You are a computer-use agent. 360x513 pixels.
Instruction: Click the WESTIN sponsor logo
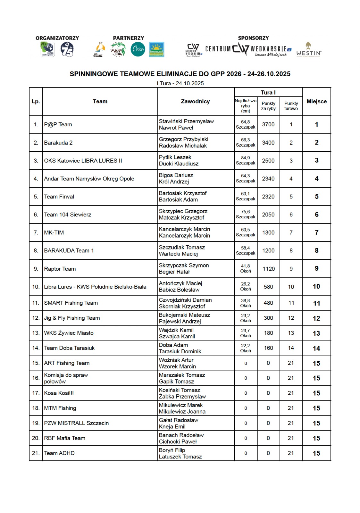pos(308,50)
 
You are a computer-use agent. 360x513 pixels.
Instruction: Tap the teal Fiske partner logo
pos(138,49)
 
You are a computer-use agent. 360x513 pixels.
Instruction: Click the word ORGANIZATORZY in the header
pos(57,38)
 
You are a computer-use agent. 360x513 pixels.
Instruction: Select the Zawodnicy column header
pos(195,101)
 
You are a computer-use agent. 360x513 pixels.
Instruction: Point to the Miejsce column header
pos(316,101)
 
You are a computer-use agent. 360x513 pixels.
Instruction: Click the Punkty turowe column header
pos(291,106)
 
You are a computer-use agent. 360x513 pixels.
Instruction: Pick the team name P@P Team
pos(58,124)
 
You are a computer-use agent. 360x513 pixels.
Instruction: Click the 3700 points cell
pos(268,124)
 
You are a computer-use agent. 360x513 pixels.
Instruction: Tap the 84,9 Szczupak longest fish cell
pos(246,160)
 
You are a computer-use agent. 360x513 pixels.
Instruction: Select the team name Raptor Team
pos(60,269)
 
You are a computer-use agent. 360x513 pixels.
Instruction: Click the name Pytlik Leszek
pos(175,157)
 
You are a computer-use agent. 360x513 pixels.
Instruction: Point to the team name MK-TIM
pos(54,232)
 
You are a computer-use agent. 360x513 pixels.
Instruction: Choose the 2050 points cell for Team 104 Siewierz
pos(268,214)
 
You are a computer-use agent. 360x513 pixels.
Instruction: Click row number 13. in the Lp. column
pos(36,333)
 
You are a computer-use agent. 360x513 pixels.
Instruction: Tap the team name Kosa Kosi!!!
pos(59,393)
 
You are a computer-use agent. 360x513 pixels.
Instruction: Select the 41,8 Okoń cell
pos(246,268)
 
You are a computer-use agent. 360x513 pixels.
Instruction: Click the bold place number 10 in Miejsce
pos(316,287)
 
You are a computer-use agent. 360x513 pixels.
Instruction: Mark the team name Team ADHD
pos(59,453)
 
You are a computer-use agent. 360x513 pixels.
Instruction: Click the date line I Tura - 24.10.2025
pos(180,83)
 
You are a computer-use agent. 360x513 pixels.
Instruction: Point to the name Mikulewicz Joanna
pos(182,412)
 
